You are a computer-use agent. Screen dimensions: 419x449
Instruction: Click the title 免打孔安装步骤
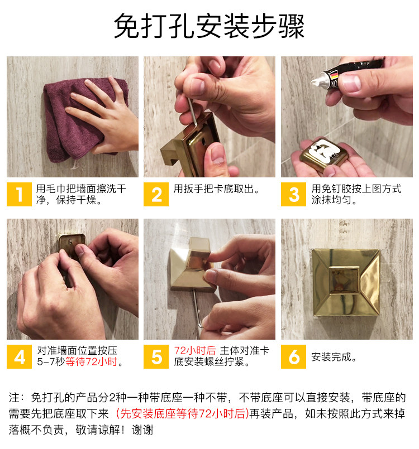coord(209,26)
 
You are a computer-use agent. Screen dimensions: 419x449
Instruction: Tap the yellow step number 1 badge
coord(19,194)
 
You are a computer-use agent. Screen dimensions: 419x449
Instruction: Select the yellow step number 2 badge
coord(156,194)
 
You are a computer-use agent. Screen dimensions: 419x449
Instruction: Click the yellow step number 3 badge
coord(293,194)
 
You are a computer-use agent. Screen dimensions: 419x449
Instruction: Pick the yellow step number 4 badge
coord(19,356)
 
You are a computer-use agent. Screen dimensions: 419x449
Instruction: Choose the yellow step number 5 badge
coord(156,356)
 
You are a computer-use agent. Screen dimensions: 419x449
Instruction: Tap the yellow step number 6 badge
coord(293,356)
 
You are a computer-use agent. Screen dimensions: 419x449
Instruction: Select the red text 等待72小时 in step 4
coord(92,361)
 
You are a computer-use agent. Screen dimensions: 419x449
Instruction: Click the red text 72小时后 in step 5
coord(195,350)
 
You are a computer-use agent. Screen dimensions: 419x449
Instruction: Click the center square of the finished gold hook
coord(344,280)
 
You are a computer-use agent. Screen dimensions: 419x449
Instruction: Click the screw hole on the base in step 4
coord(70,242)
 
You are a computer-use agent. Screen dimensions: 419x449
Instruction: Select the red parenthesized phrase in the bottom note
coord(182,413)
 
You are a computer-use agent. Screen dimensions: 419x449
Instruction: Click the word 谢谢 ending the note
coord(142,430)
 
